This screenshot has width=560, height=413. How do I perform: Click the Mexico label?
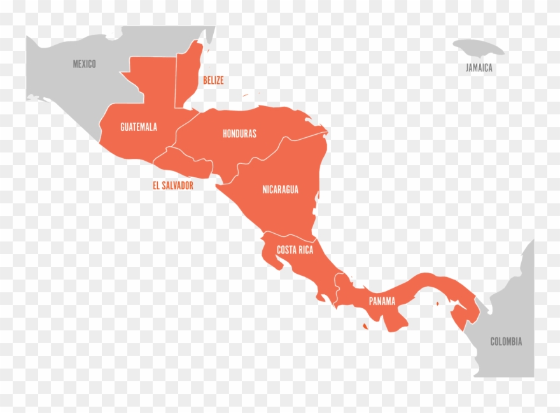pyautogui.click(x=84, y=64)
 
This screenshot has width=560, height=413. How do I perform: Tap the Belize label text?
pyautogui.click(x=213, y=81)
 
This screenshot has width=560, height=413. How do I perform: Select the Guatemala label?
pyautogui.click(x=138, y=127)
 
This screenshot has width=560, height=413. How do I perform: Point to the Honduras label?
pyautogui.click(x=239, y=133)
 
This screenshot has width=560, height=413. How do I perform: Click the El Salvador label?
pyautogui.click(x=172, y=186)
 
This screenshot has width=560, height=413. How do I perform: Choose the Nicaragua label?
pyautogui.click(x=280, y=189)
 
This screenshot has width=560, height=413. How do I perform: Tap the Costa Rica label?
pyautogui.click(x=295, y=250)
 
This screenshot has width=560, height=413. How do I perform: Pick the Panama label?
pyautogui.click(x=382, y=301)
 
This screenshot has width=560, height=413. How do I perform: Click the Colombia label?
pyautogui.click(x=506, y=341)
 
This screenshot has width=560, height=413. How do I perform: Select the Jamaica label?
pyautogui.click(x=479, y=67)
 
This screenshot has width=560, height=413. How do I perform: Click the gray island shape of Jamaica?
pyautogui.click(x=477, y=48)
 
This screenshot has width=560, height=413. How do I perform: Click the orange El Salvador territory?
pyautogui.click(x=185, y=163)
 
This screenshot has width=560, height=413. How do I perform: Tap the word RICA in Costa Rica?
pyautogui.click(x=305, y=250)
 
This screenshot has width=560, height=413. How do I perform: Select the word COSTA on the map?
pyautogui.click(x=286, y=250)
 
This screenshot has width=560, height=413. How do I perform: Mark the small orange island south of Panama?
pyautogui.click(x=366, y=327)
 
